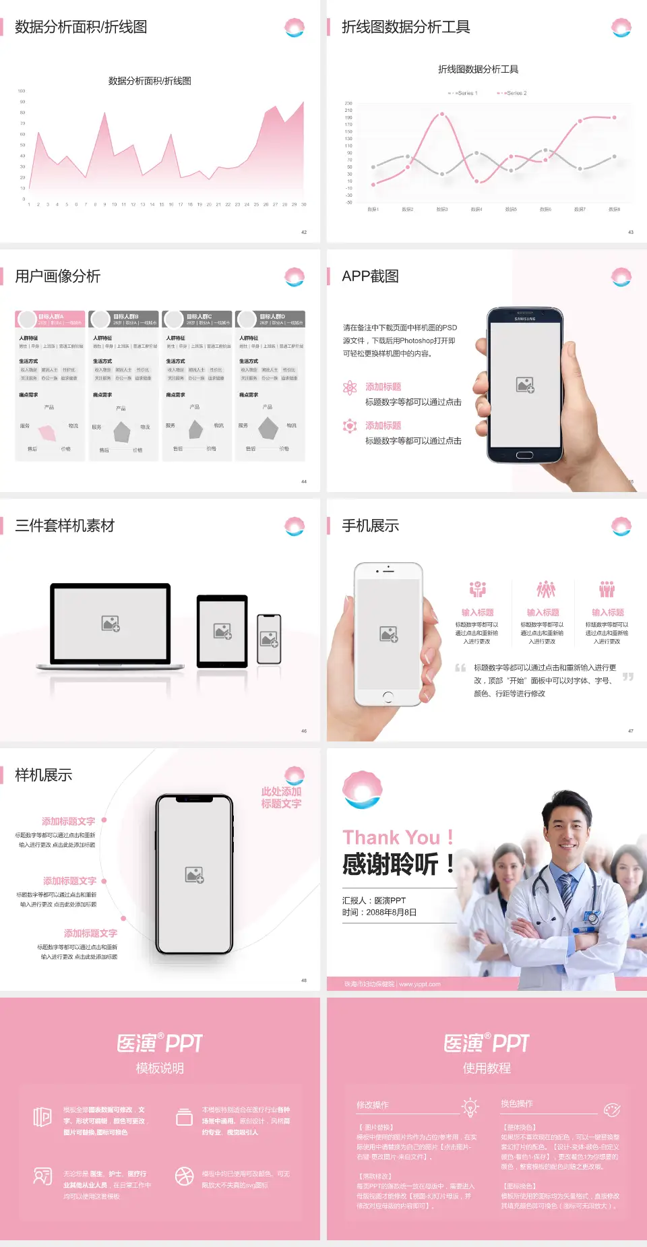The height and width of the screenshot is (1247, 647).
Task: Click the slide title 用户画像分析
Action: [58, 276]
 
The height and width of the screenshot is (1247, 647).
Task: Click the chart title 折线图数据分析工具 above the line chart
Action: [478, 69]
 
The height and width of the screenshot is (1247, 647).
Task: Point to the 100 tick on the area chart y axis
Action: [22, 90]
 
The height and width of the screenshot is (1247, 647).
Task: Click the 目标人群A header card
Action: [51, 319]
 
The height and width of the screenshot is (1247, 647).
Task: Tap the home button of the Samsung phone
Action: [524, 456]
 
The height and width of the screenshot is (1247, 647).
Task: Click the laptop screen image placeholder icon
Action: [111, 623]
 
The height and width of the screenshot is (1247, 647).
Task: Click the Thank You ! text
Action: [398, 838]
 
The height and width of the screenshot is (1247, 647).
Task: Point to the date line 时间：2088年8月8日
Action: [379, 913]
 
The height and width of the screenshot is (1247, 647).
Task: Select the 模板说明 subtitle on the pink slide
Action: [160, 1068]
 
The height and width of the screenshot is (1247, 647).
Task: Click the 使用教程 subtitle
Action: [487, 1068]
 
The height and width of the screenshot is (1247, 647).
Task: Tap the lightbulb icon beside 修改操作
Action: [470, 1107]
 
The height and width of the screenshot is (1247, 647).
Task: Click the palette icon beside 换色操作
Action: [612, 1109]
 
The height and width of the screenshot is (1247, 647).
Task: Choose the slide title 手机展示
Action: [371, 526]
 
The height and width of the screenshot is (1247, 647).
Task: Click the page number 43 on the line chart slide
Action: [631, 232]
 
